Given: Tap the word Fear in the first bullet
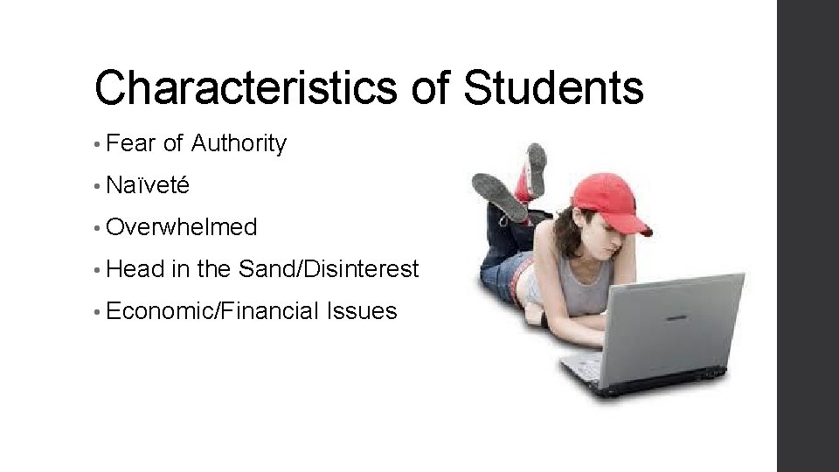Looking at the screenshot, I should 133,144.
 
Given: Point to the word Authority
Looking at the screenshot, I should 239,144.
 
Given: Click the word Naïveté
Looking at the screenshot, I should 147,186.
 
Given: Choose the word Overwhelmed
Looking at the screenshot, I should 181,227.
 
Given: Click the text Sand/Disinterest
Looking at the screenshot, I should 329,269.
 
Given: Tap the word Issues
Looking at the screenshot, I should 361,310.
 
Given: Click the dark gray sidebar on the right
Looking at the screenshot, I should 808,236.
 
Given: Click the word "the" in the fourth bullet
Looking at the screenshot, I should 213,269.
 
